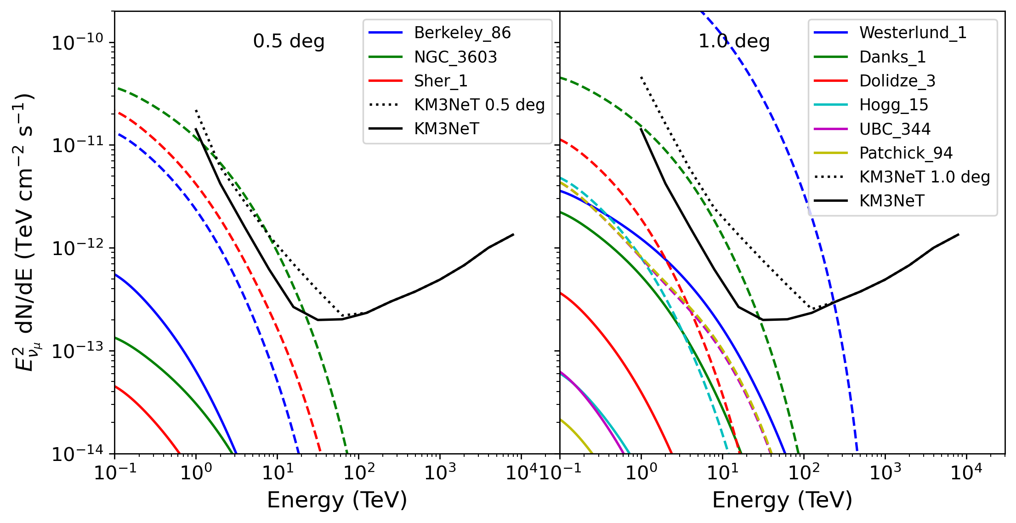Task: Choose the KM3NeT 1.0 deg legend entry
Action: click(x=924, y=177)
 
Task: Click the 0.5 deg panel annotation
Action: click(x=289, y=41)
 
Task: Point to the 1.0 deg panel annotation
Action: click(x=734, y=41)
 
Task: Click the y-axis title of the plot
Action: click(x=24, y=232)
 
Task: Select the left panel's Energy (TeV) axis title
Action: click(x=337, y=500)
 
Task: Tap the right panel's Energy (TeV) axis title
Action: click(x=782, y=500)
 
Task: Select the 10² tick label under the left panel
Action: click(x=358, y=472)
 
